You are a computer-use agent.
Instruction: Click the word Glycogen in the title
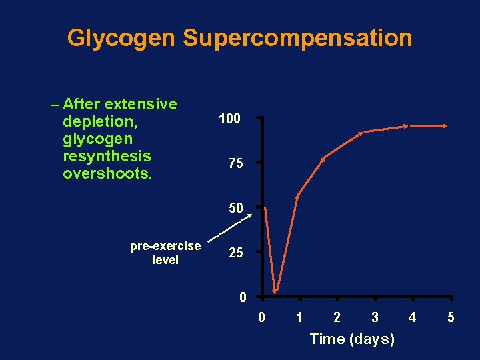pyautogui.click(x=121, y=38)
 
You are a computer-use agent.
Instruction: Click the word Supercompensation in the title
pyautogui.click(x=297, y=38)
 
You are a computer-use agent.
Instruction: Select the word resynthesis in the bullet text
pyautogui.click(x=107, y=156)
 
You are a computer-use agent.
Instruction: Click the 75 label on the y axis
pyautogui.click(x=235, y=164)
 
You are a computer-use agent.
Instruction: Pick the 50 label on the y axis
pyautogui.click(x=235, y=208)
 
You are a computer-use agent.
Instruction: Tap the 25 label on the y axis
pyautogui.click(x=235, y=253)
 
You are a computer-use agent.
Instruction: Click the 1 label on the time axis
pyautogui.click(x=299, y=317)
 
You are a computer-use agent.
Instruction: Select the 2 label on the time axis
pyautogui.click(x=337, y=317)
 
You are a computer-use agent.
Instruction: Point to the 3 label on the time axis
pyautogui.click(x=375, y=317)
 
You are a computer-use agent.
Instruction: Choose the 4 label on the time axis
pyautogui.click(x=412, y=317)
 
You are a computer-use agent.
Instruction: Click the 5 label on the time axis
pyautogui.click(x=451, y=317)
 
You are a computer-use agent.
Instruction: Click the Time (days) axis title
pyautogui.click(x=352, y=339)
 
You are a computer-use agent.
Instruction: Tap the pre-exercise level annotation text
pyautogui.click(x=165, y=253)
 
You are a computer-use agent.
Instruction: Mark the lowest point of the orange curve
pyautogui.click(x=276, y=292)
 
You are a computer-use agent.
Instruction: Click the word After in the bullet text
pyautogui.click(x=83, y=104)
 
